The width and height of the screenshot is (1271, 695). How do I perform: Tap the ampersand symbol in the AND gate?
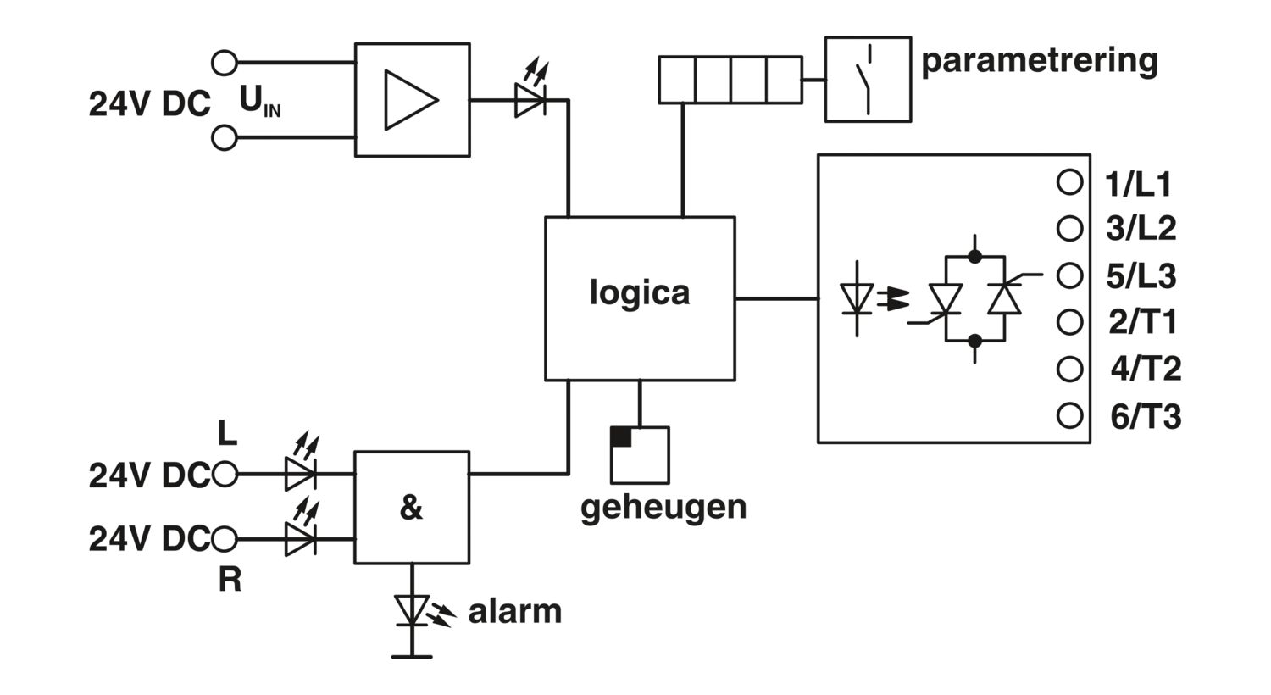click(411, 507)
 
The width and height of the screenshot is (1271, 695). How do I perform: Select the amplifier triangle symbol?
click(411, 100)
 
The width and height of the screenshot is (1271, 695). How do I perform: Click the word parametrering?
click(1040, 61)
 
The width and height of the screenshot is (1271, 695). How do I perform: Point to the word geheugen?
click(663, 508)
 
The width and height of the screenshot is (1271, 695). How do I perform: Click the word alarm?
click(514, 612)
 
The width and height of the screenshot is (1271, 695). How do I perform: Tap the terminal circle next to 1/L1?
click(1069, 182)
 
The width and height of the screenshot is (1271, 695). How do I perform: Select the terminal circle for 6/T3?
click(1069, 415)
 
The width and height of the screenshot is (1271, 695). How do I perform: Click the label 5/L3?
click(1141, 276)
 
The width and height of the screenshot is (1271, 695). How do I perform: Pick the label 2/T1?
click(1143, 322)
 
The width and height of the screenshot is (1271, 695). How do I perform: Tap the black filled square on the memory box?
click(621, 436)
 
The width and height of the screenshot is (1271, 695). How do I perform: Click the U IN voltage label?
click(260, 101)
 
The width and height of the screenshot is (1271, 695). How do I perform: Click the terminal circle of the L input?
click(225, 474)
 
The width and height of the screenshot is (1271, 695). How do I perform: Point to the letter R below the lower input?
click(230, 580)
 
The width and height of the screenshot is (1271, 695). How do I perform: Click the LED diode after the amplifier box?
click(530, 100)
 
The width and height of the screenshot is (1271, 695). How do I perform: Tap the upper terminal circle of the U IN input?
click(225, 63)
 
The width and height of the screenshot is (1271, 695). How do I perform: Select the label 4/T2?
click(1146, 369)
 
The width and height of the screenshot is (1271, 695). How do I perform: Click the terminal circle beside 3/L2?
click(1069, 229)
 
